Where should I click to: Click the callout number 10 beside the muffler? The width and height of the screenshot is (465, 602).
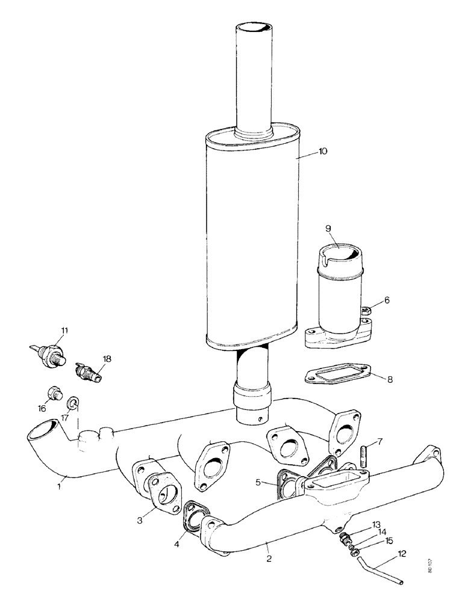click(323, 152)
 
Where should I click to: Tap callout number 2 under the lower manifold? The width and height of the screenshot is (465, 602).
click(269, 559)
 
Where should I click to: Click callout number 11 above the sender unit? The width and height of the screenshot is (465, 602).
click(64, 330)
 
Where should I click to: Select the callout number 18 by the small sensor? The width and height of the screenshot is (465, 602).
click(107, 359)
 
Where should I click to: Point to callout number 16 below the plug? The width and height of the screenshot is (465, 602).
click(42, 408)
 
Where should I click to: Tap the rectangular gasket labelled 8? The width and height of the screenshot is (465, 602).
click(334, 376)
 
